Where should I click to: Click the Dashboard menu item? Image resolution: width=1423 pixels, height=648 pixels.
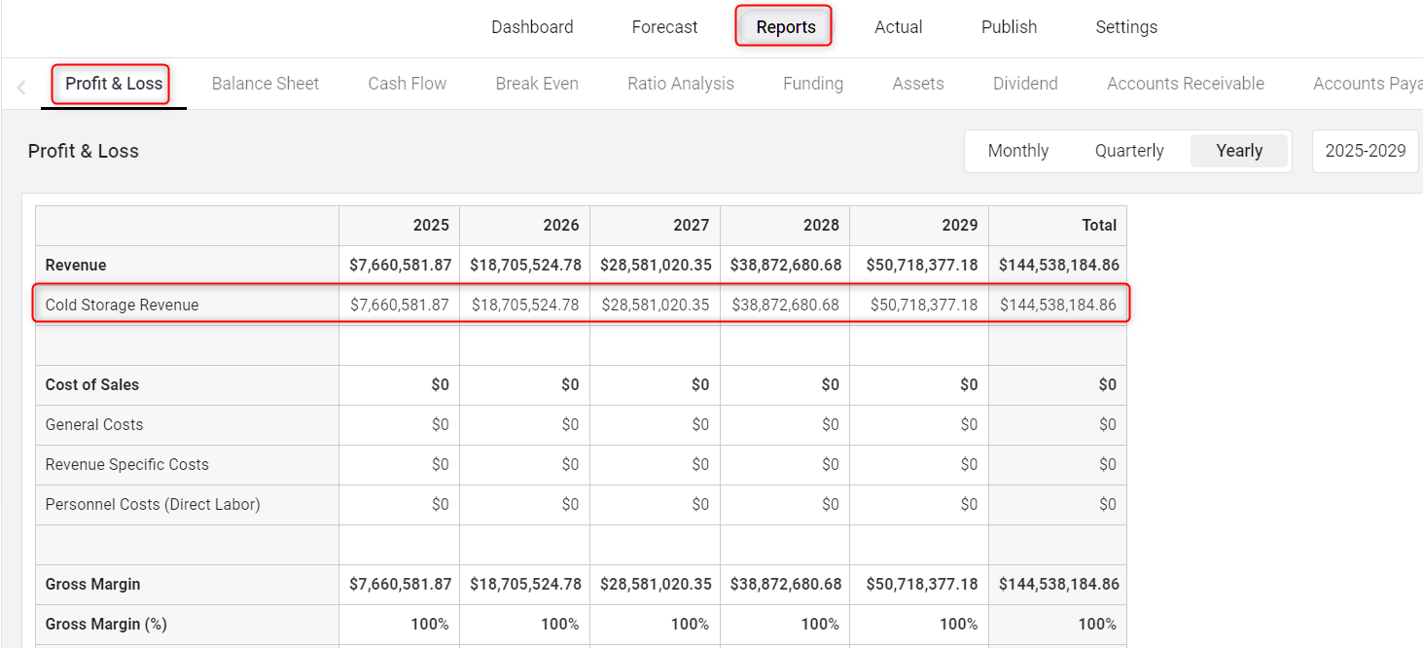532,27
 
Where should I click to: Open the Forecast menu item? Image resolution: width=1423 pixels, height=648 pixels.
664,27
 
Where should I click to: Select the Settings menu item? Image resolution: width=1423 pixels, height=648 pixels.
1125,27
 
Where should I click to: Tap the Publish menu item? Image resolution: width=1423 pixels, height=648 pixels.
1009,27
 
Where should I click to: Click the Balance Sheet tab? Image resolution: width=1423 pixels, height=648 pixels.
266,84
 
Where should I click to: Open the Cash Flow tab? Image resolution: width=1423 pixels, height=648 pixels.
407,84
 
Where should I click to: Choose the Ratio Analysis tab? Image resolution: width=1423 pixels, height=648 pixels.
681,84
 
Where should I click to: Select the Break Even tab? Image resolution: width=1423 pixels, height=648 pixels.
537,84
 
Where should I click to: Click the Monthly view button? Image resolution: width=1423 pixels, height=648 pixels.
1017,151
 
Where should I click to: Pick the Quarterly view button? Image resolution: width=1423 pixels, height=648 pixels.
1129,151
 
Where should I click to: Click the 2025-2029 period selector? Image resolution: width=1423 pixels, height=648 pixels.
1365,151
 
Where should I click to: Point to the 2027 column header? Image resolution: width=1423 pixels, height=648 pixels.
691,225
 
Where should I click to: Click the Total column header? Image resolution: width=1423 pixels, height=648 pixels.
1099,225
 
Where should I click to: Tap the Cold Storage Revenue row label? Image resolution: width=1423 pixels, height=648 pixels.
122,305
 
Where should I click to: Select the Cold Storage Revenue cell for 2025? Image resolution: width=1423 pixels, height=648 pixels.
400,305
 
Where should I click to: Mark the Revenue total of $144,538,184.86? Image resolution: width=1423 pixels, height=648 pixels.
1058,265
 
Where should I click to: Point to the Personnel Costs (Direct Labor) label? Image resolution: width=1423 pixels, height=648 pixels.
153,504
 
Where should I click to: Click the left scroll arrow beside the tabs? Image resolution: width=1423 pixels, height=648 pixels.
21,88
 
